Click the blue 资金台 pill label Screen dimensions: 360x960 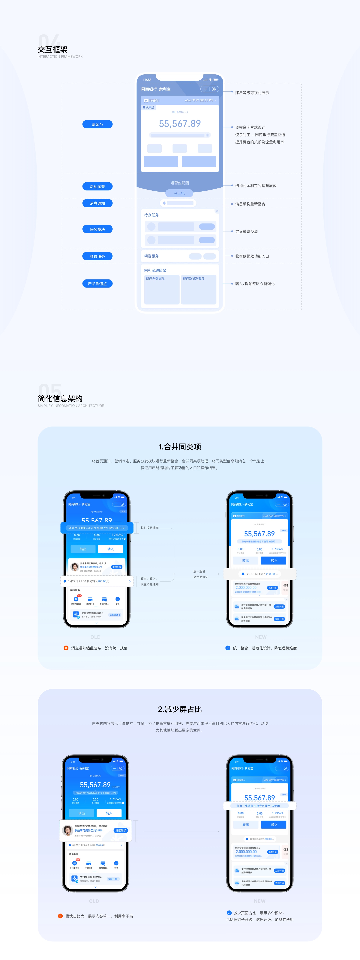[97, 124]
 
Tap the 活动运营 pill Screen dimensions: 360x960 [97, 186]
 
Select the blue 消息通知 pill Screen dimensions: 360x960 [97, 203]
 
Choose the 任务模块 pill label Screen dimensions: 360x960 [97, 229]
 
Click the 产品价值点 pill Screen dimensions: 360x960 [97, 284]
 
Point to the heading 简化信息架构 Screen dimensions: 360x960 [60, 398]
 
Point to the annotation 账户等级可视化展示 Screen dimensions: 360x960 [252, 93]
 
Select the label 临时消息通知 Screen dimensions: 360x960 [149, 528]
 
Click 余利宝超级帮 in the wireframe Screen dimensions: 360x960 [155, 270]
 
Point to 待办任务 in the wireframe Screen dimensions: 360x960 [151, 215]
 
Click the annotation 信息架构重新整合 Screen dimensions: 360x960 [250, 204]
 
